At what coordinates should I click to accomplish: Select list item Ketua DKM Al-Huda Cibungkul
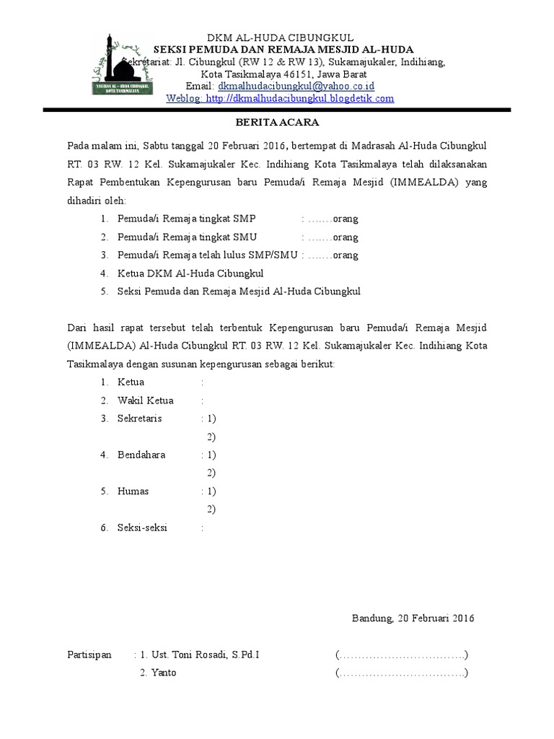click(x=191, y=274)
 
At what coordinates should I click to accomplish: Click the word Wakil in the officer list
click(x=131, y=401)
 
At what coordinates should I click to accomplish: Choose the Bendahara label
click(x=142, y=455)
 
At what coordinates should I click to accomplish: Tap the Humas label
click(x=133, y=491)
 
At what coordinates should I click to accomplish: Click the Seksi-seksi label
click(x=142, y=528)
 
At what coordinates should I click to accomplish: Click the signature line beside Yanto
click(x=402, y=673)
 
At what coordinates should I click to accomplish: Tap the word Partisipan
click(x=89, y=655)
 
